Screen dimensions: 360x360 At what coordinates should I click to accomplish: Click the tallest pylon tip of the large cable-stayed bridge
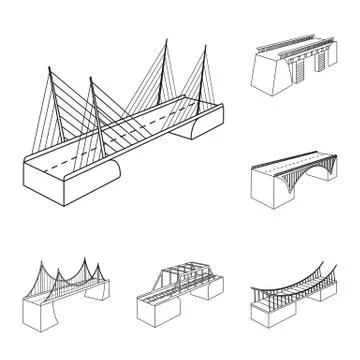pyautogui.click(x=162, y=41)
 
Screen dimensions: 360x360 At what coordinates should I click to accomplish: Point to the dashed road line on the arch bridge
pyautogui.click(x=300, y=160)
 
